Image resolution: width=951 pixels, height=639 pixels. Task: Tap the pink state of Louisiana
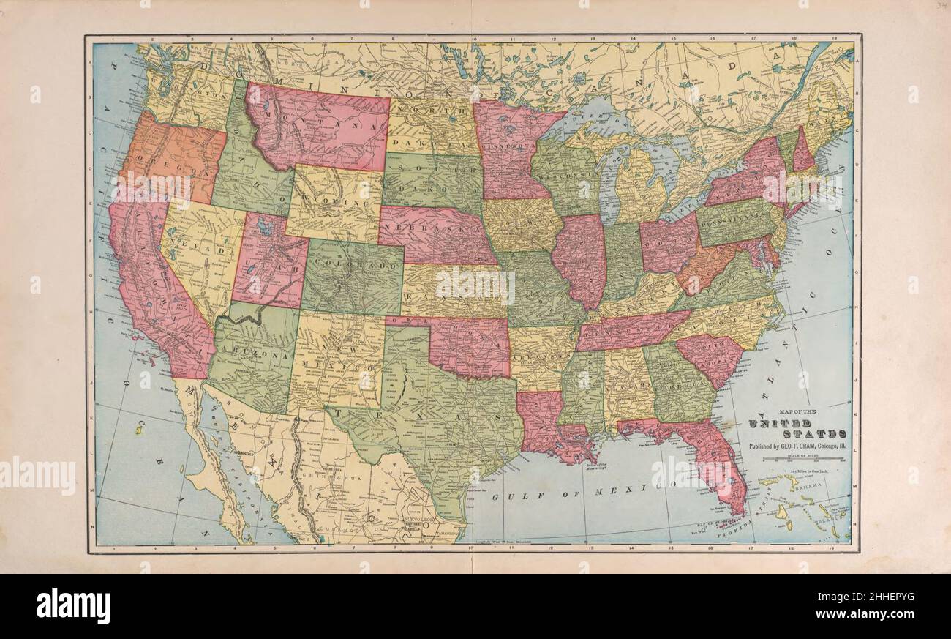(x=541, y=425)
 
